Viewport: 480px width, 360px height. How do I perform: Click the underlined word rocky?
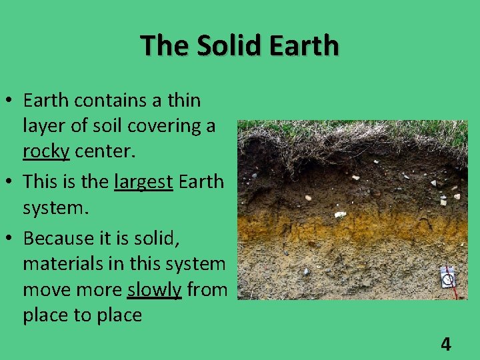[46, 151]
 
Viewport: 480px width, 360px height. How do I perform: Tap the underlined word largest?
[144, 181]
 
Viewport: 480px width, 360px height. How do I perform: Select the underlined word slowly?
[154, 289]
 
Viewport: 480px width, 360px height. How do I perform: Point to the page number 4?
[445, 344]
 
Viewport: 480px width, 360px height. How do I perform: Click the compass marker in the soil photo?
[449, 277]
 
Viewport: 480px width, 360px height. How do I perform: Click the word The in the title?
[157, 46]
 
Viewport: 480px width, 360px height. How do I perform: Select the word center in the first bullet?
[105, 151]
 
